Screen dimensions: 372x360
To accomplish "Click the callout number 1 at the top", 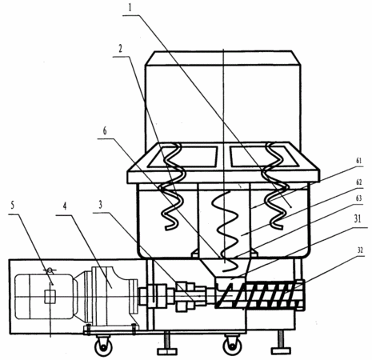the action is click(130, 7).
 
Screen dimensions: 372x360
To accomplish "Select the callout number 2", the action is click(121, 48).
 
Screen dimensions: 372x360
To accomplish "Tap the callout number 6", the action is click(105, 131).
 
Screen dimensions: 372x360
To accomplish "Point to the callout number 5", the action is click(12, 205).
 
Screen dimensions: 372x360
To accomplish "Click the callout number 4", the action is click(65, 206).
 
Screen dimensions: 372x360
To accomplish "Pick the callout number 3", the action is click(101, 205).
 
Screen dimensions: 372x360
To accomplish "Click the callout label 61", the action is click(359, 161).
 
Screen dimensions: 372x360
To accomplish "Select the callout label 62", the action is click(359, 182).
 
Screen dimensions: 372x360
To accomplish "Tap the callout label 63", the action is click(359, 198).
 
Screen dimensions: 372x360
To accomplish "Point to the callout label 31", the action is click(358, 218).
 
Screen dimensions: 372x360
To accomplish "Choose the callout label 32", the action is click(360, 250).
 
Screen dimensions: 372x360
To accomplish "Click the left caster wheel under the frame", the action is click(103, 347).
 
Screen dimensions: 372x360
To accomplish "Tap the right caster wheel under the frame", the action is click(232, 346).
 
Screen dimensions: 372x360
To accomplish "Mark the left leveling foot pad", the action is click(167, 351).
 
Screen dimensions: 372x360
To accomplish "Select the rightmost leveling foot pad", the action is click(281, 350).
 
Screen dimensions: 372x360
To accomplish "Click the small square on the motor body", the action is click(50, 297).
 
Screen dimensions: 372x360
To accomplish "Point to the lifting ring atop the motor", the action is click(50, 271).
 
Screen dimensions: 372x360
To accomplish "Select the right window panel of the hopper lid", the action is click(264, 156).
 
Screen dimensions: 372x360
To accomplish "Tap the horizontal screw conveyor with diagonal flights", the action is click(260, 295).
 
